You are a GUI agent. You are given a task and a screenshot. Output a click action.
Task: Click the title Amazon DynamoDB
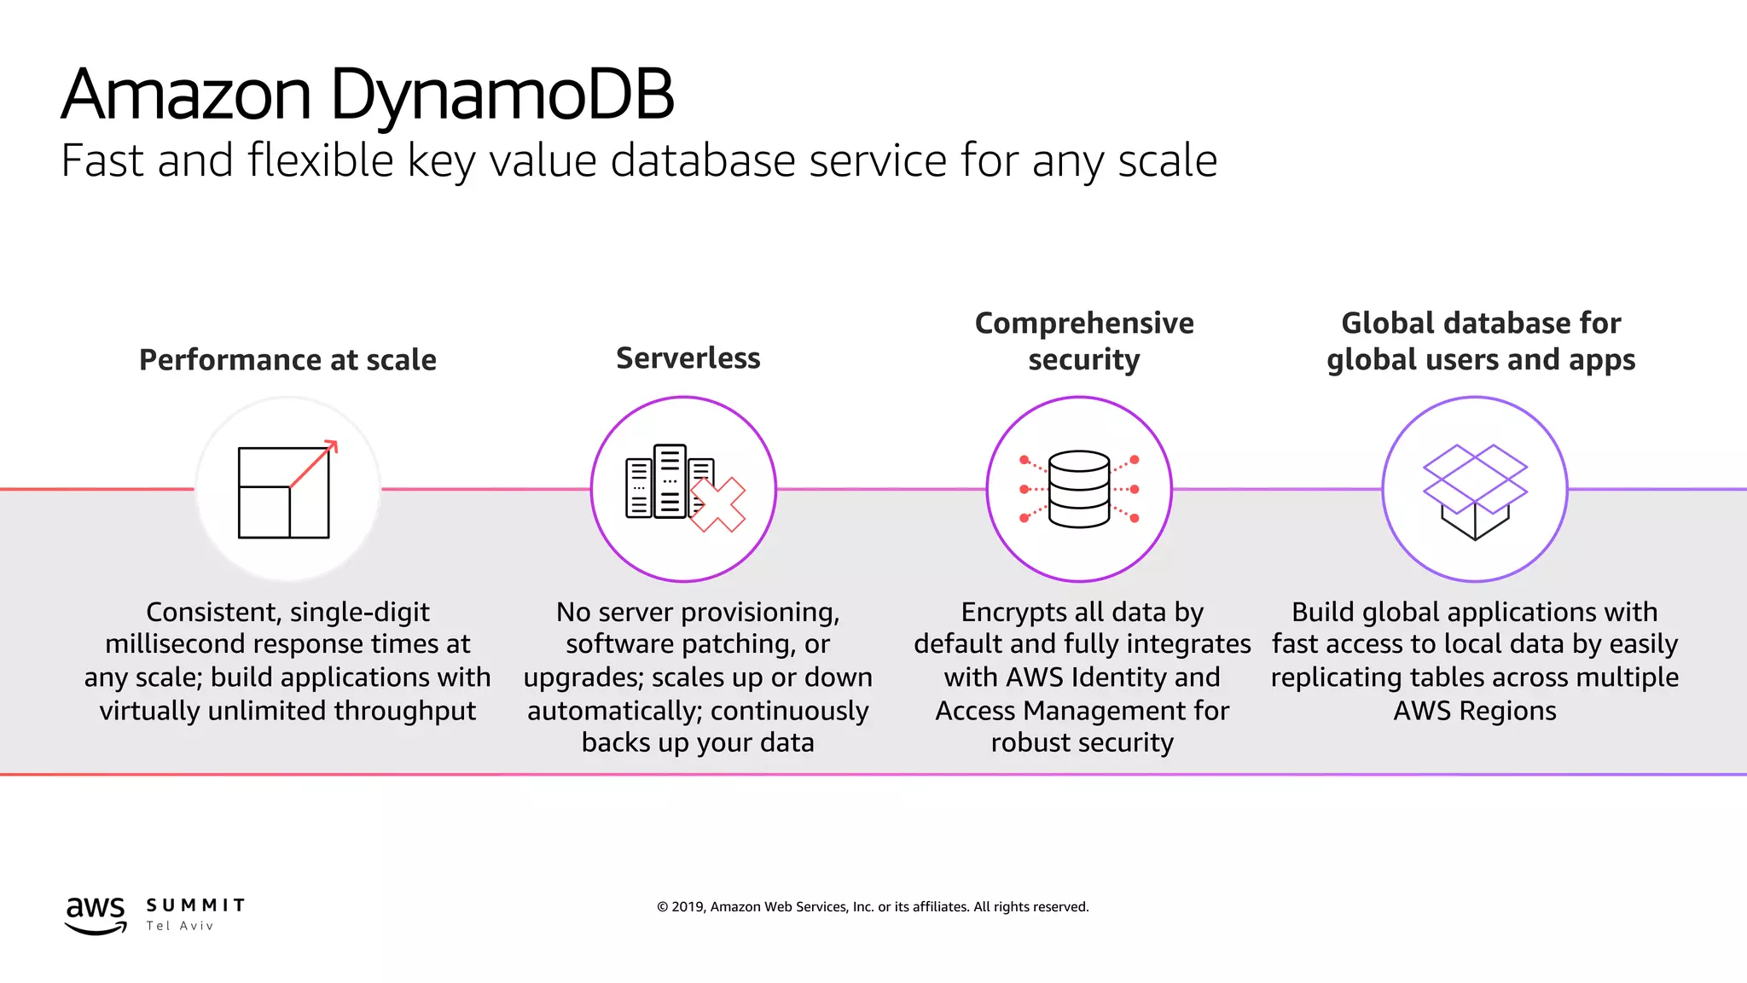(x=367, y=94)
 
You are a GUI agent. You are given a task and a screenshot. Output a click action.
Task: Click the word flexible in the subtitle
(x=320, y=160)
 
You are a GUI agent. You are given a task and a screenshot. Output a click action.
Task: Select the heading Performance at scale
(x=287, y=360)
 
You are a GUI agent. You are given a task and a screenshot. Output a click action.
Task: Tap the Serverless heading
(x=688, y=358)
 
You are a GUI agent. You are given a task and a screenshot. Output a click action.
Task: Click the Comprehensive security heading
(x=1083, y=341)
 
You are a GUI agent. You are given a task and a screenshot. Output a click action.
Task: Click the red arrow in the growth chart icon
(x=314, y=464)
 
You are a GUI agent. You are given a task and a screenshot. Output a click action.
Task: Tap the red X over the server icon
(x=717, y=504)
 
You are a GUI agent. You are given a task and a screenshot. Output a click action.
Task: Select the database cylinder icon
(x=1079, y=489)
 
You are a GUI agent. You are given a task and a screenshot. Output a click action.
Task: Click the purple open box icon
(x=1475, y=491)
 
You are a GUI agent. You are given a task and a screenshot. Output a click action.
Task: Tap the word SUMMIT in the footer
(x=195, y=905)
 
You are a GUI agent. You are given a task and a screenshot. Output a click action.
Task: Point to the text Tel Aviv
(x=179, y=926)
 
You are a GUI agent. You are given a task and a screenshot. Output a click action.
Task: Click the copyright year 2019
(x=688, y=907)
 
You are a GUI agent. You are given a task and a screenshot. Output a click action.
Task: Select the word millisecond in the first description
(x=177, y=644)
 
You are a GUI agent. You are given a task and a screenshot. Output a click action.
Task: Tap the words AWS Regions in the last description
(x=1475, y=711)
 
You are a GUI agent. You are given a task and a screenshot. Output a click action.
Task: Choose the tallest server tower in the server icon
(x=670, y=480)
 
